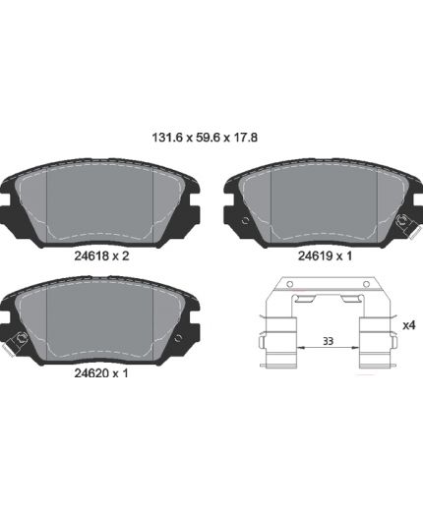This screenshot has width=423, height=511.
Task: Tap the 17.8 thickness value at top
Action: tap(245, 138)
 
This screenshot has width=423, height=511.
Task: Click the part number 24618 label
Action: tap(91, 255)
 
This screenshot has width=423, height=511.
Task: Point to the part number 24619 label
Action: tap(315, 255)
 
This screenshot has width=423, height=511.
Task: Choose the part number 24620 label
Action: tap(91, 373)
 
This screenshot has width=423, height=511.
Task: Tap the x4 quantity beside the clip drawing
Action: tap(409, 325)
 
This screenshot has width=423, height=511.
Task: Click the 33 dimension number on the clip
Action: tap(328, 341)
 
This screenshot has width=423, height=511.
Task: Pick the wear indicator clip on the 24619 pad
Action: tap(407, 225)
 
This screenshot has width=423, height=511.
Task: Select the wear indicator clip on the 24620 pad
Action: tap(15, 342)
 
